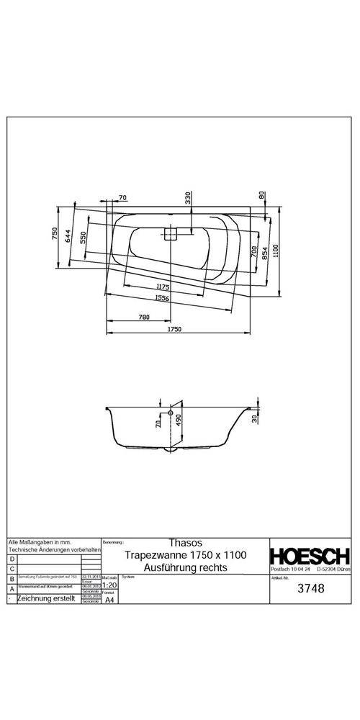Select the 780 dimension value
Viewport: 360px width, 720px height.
point(144,317)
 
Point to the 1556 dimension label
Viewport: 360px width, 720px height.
point(163,297)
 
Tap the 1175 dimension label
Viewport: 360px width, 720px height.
point(163,287)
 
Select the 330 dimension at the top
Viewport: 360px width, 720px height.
point(188,199)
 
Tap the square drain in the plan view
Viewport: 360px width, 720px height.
point(171,233)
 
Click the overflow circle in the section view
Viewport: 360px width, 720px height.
point(171,414)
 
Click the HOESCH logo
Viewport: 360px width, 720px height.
point(310,556)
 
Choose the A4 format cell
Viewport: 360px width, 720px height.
point(109,600)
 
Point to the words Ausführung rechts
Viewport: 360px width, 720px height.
point(186,567)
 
